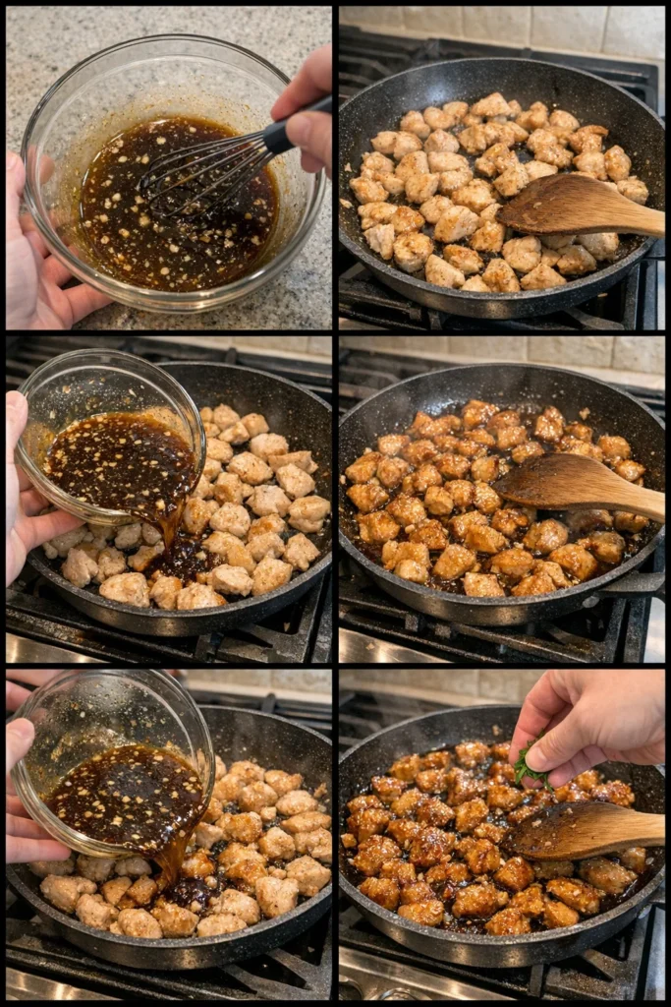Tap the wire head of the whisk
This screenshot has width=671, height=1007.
click(x=196, y=177)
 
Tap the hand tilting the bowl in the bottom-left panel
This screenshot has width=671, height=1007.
click(x=25, y=787)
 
